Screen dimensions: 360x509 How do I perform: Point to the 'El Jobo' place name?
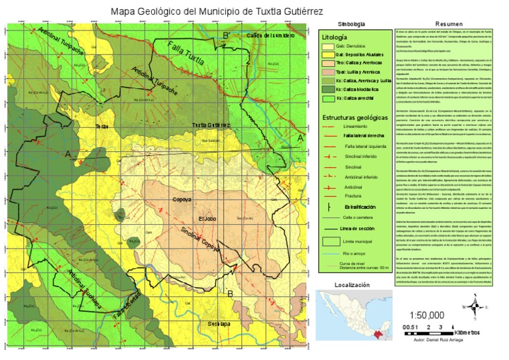pyautogui.click(x=207, y=219)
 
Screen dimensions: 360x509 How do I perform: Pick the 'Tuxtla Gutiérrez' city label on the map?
pyautogui.click(x=211, y=125)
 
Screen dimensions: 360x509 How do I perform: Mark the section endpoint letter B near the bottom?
pyautogui.click(x=229, y=293)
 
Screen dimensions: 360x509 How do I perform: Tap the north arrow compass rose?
pyautogui.click(x=476, y=307)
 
